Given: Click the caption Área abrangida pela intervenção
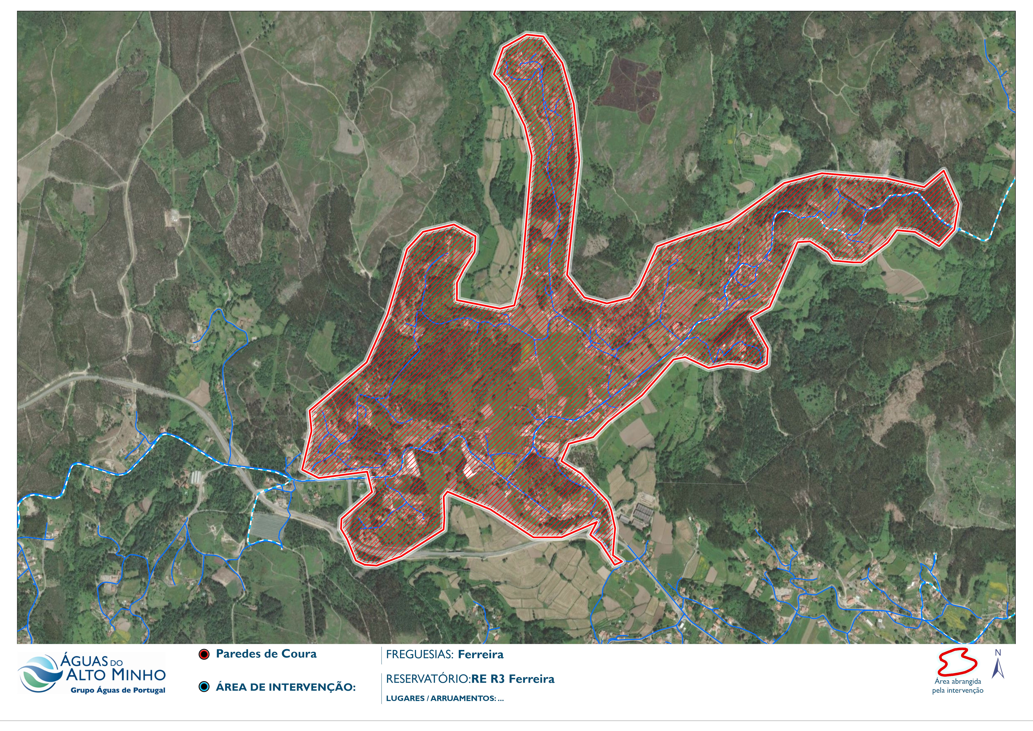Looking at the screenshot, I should [x=957, y=686].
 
